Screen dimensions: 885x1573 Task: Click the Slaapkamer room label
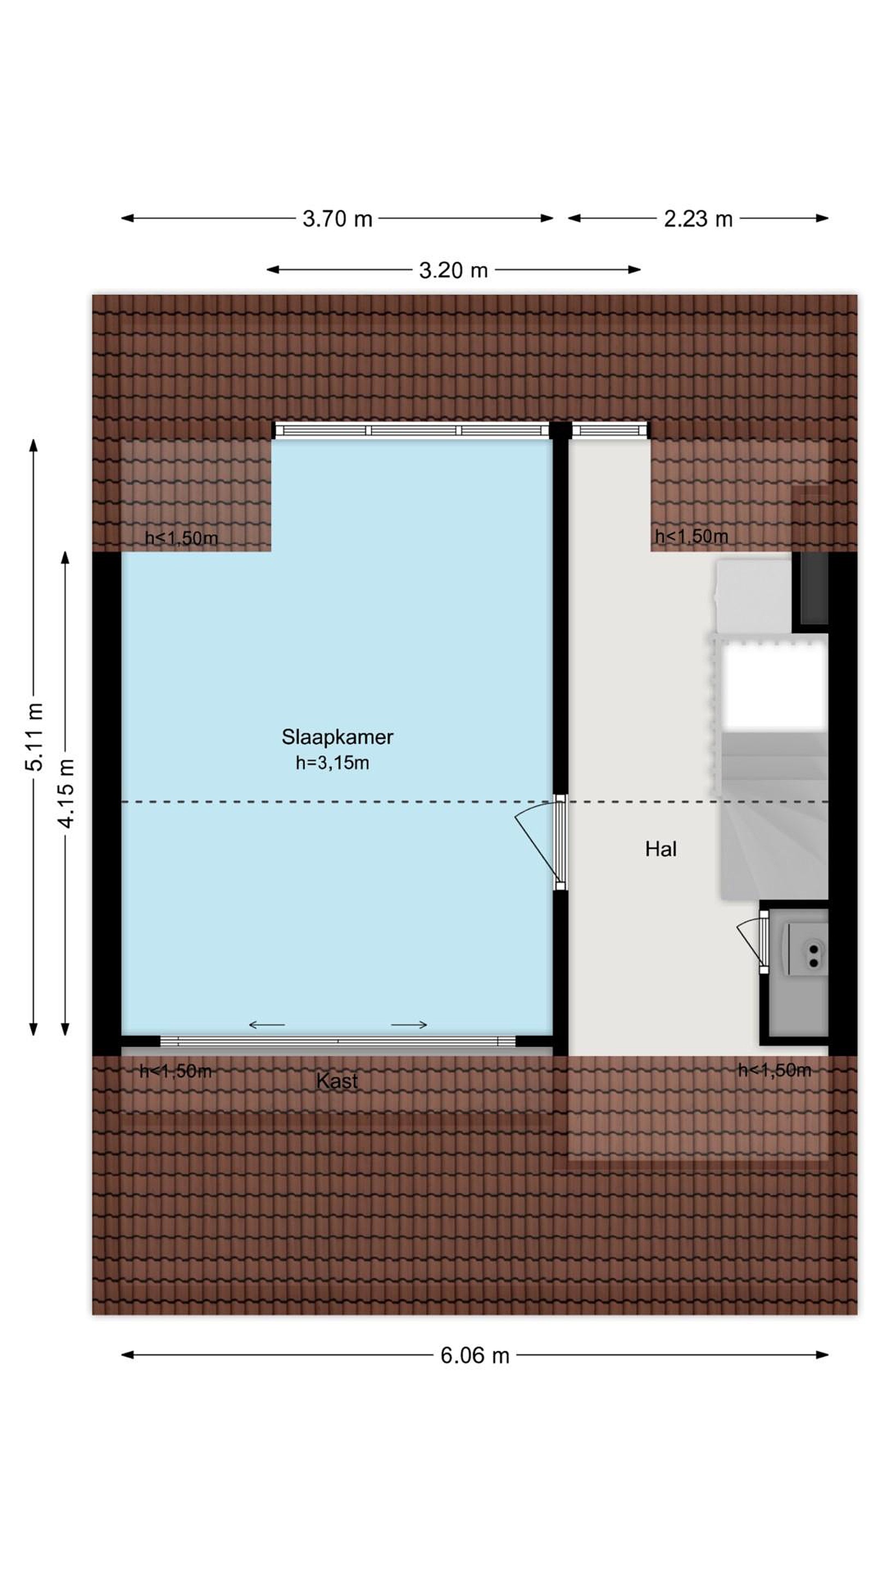tap(337, 737)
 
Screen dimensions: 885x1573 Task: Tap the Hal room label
tap(661, 849)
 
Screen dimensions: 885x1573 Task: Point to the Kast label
tap(337, 1081)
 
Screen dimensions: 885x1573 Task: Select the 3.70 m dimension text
tap(337, 218)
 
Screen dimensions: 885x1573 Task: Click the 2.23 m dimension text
tap(698, 218)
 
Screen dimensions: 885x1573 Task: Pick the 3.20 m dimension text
tap(453, 270)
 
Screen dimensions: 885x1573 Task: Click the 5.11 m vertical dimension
tap(34, 736)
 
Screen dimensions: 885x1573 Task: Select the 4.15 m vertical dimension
tap(66, 793)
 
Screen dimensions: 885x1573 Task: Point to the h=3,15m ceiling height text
tap(332, 762)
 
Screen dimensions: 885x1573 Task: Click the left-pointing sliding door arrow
tap(267, 1024)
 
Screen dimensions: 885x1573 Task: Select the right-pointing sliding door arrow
tap(409, 1024)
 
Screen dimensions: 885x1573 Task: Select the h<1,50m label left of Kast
tap(176, 1071)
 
